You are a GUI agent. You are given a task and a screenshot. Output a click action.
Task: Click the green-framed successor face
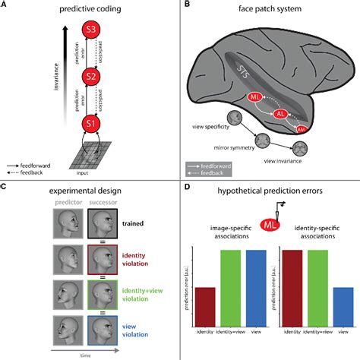pos(101,295)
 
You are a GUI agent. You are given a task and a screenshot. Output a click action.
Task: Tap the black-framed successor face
pos(101,226)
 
